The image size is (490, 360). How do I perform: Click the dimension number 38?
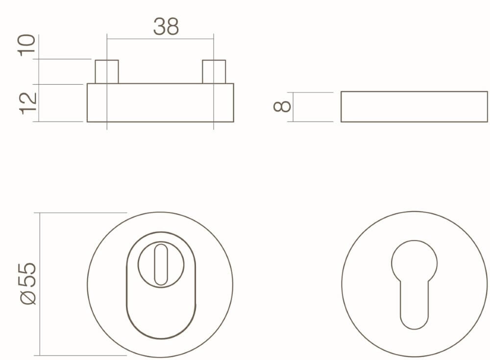(x=166, y=27)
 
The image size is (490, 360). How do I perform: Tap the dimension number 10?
(x=28, y=46)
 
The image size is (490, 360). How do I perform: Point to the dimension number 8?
(x=282, y=106)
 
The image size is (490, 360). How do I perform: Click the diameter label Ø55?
(x=28, y=284)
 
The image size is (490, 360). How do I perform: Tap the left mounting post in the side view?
(x=106, y=72)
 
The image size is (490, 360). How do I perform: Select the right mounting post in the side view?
(x=214, y=72)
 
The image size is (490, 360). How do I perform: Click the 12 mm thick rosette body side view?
(x=160, y=103)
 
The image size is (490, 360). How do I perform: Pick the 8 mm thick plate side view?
(x=414, y=106)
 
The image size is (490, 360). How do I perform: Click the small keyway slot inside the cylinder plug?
(x=160, y=264)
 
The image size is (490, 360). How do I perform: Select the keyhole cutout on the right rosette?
(x=414, y=284)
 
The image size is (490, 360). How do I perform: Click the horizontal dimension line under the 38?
(x=160, y=39)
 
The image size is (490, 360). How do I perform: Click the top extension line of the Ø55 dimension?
(x=83, y=213)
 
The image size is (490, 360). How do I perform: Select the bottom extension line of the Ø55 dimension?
(x=83, y=356)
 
